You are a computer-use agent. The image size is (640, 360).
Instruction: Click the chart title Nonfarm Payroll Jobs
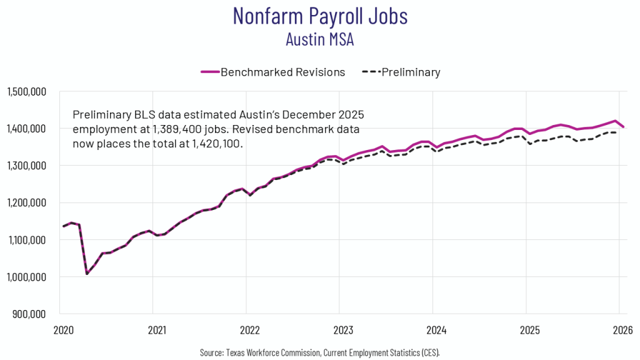[320, 16]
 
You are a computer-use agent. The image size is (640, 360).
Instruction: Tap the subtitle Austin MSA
[320, 39]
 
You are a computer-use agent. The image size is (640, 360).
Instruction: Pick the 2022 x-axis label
[248, 329]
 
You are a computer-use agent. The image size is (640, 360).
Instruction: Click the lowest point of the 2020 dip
[87, 274]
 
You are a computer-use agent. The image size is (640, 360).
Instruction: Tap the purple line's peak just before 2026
[616, 121]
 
